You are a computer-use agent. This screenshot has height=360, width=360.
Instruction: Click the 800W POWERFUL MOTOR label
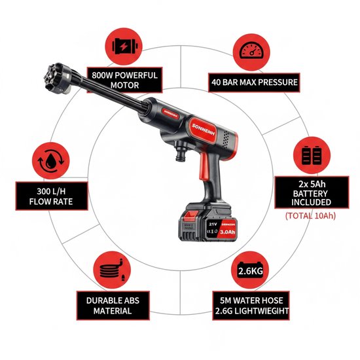point(124,80)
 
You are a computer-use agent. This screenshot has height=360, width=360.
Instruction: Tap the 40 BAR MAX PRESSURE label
point(254,82)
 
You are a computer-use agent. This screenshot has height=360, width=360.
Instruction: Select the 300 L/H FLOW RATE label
point(52,196)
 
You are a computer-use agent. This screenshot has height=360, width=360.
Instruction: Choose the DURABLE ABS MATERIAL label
point(113,306)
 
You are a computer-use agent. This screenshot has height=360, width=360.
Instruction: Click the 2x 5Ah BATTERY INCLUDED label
point(312,192)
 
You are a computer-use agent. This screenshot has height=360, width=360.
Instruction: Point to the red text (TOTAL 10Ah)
point(310,216)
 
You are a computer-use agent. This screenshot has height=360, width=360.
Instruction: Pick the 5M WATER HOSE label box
point(251,306)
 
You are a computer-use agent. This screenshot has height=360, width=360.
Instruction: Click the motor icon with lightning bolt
point(124,46)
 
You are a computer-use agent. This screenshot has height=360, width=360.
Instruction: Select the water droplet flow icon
point(51,161)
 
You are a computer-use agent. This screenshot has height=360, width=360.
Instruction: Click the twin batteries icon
point(312,155)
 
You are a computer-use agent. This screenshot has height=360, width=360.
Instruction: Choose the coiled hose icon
point(112,270)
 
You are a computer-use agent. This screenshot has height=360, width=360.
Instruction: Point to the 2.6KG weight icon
point(250,270)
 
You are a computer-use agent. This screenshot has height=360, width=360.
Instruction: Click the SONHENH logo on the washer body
point(203,130)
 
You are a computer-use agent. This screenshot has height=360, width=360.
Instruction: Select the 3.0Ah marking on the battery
point(228,232)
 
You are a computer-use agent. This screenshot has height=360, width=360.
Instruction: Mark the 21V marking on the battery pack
point(213,224)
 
